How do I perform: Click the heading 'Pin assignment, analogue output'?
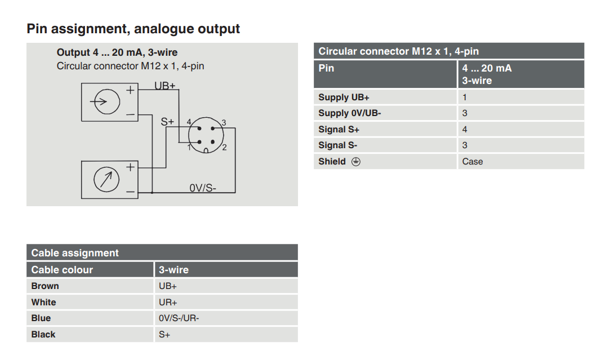point(134,29)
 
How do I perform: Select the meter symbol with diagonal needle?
point(107,179)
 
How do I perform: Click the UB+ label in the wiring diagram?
point(165,86)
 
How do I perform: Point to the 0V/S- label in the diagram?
point(203,188)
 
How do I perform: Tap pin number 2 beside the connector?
point(224,148)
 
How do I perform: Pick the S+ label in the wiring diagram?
point(168,121)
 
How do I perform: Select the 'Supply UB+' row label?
point(344,97)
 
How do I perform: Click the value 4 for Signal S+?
point(465,129)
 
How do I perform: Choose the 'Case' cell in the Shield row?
point(473,161)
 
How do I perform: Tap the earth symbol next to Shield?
point(356,161)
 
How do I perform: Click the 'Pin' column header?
point(326,68)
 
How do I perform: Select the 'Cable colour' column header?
point(62,270)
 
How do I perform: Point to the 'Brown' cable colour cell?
point(45,286)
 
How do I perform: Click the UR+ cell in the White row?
point(168,303)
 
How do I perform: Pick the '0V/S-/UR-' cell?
point(179,318)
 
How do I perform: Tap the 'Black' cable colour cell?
point(43,335)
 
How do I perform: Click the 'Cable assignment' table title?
point(75,253)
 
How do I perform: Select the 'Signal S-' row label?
point(338,145)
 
